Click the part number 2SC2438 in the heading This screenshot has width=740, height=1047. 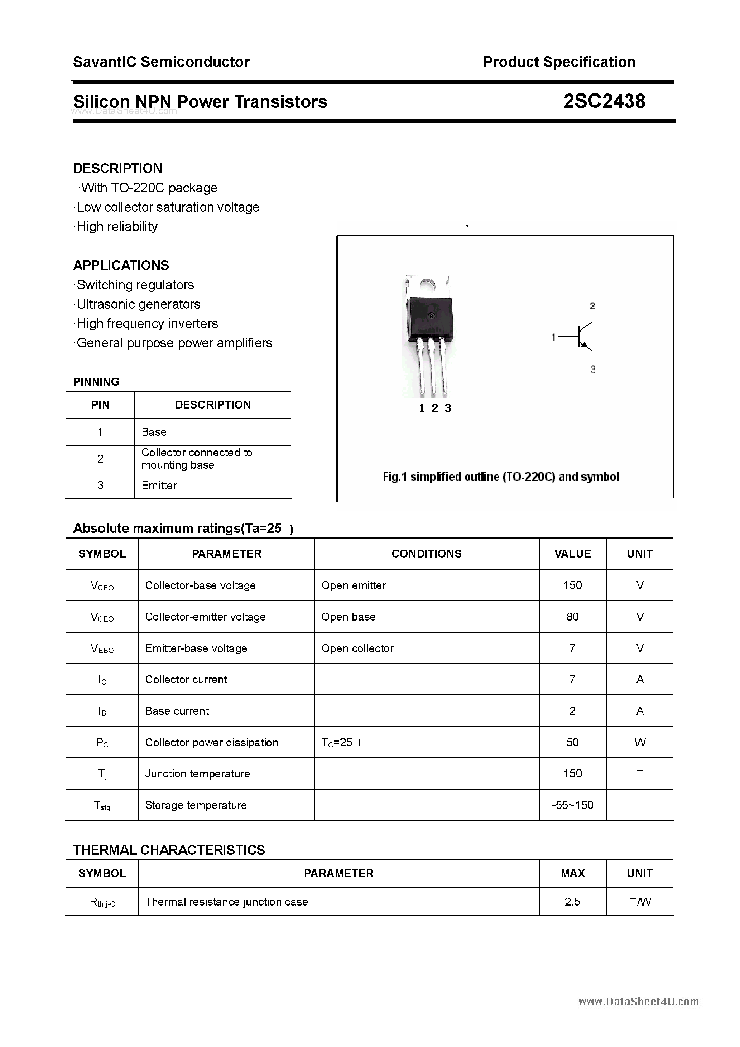click(x=604, y=101)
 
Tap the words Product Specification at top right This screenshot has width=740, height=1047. click(x=559, y=62)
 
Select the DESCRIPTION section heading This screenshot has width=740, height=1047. click(x=118, y=168)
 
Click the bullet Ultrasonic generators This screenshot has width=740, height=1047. click(x=138, y=304)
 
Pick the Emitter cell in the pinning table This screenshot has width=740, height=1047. click(x=159, y=485)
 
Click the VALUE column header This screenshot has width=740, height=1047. click(x=573, y=554)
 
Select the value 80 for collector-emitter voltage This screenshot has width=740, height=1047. click(x=573, y=617)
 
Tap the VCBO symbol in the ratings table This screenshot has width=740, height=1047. click(x=102, y=585)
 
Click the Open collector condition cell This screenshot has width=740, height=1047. click(x=357, y=648)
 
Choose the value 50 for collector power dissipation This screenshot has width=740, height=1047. click(x=573, y=742)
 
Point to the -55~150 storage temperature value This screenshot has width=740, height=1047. click(x=573, y=805)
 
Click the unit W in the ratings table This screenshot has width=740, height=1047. click(x=640, y=742)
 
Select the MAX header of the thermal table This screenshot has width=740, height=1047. click(x=573, y=873)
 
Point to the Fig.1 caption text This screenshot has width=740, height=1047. click(x=500, y=477)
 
